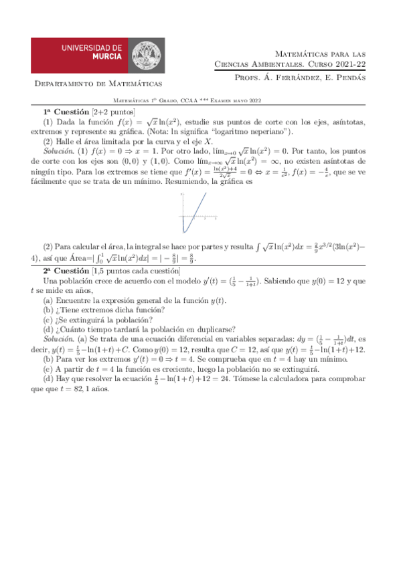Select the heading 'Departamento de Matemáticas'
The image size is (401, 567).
(98, 84)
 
